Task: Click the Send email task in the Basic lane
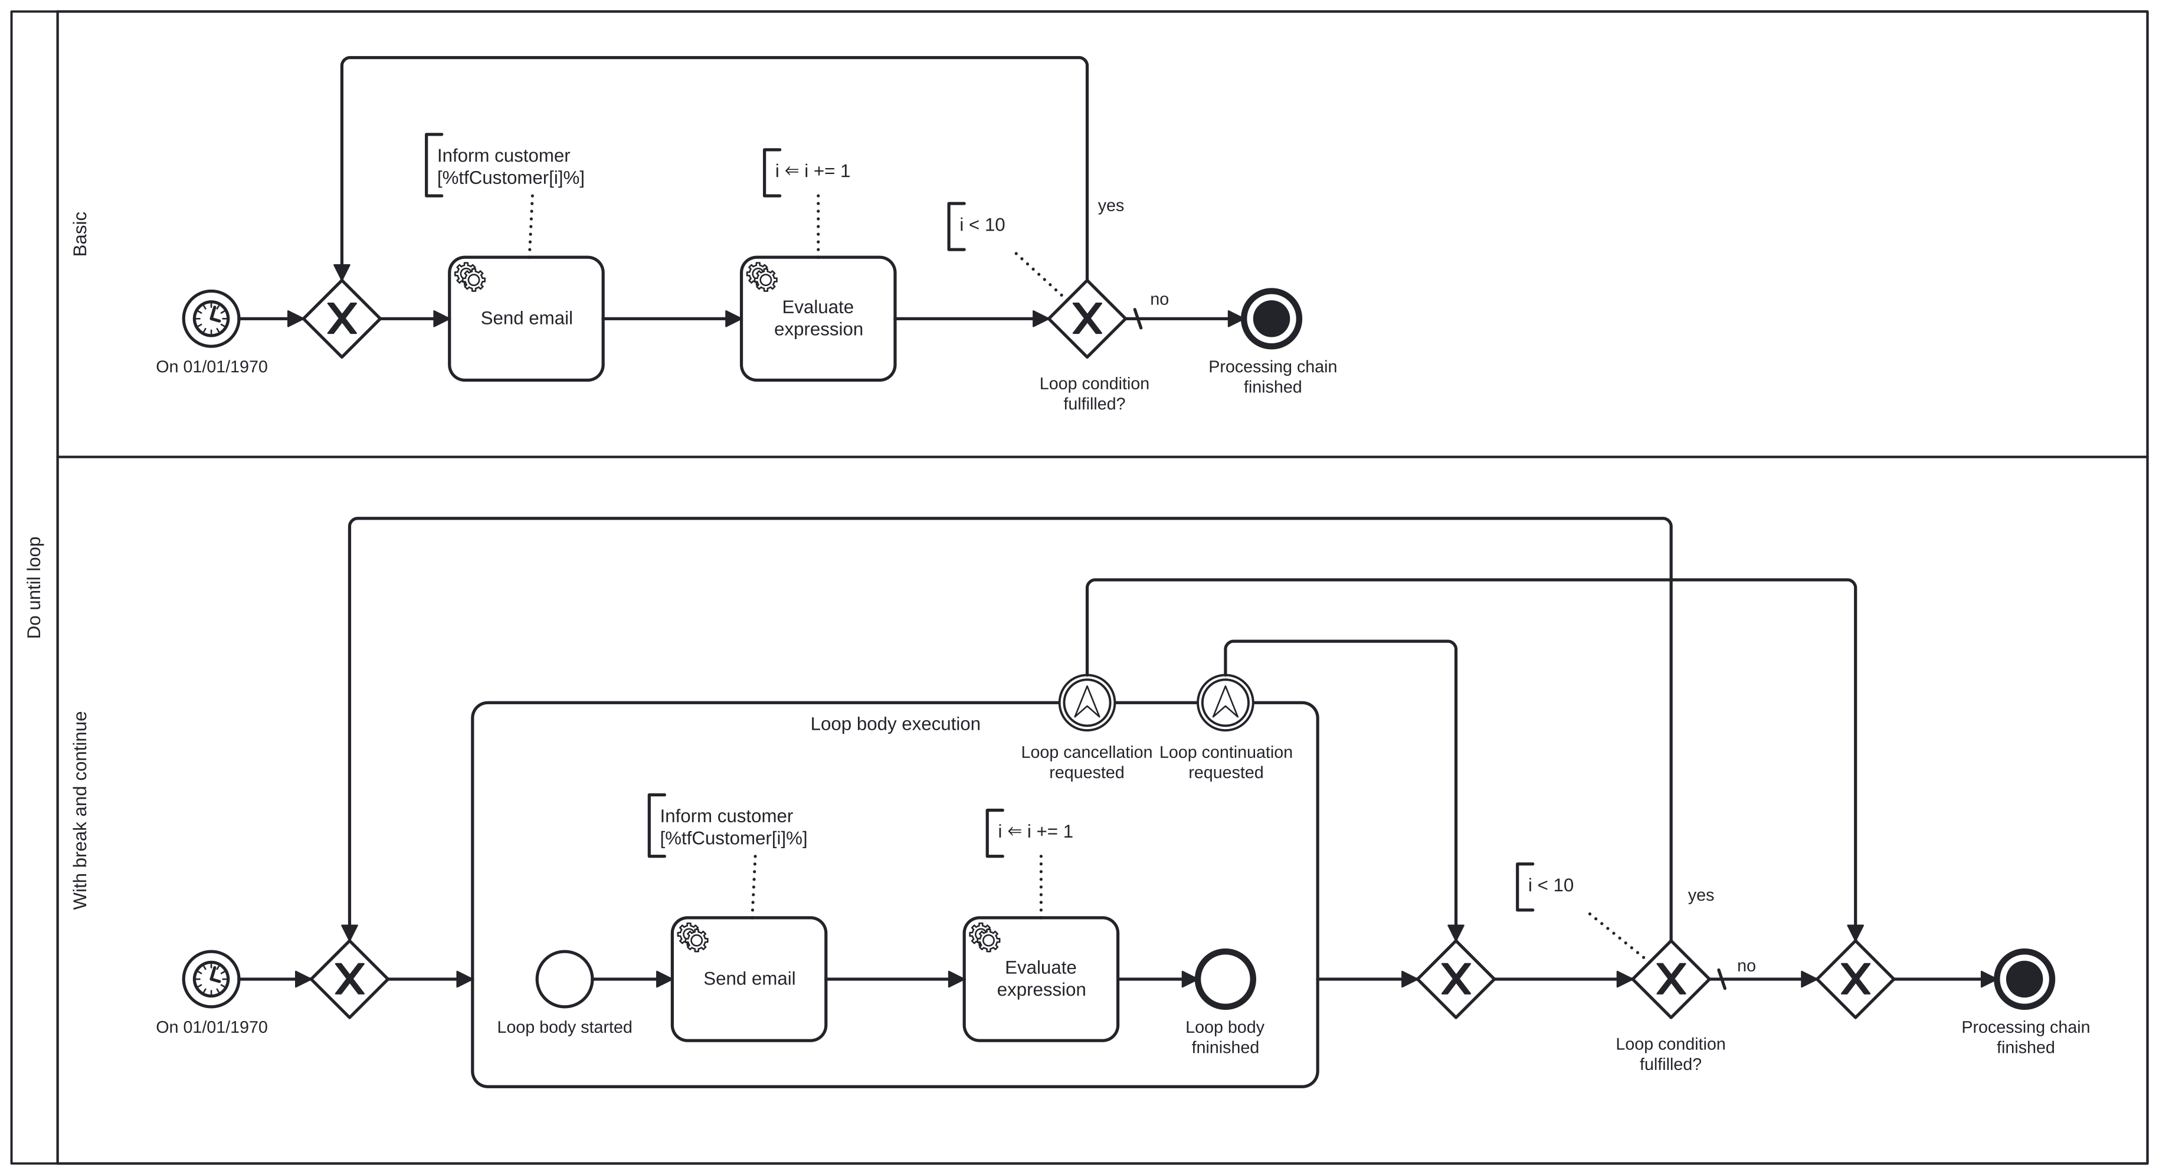(526, 319)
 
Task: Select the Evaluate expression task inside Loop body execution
(1040, 979)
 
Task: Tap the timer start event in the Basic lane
(211, 319)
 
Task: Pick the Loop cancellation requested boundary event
(1086, 703)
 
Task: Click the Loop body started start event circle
(564, 979)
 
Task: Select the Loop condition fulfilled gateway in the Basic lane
(1086, 319)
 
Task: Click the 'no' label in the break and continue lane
(1746, 966)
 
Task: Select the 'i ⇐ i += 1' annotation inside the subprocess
(1034, 831)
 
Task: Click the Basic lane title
(80, 234)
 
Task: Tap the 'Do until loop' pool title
(34, 587)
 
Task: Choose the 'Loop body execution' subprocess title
(895, 724)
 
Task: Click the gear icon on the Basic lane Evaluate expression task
(762, 277)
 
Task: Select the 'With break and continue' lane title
(80, 810)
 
